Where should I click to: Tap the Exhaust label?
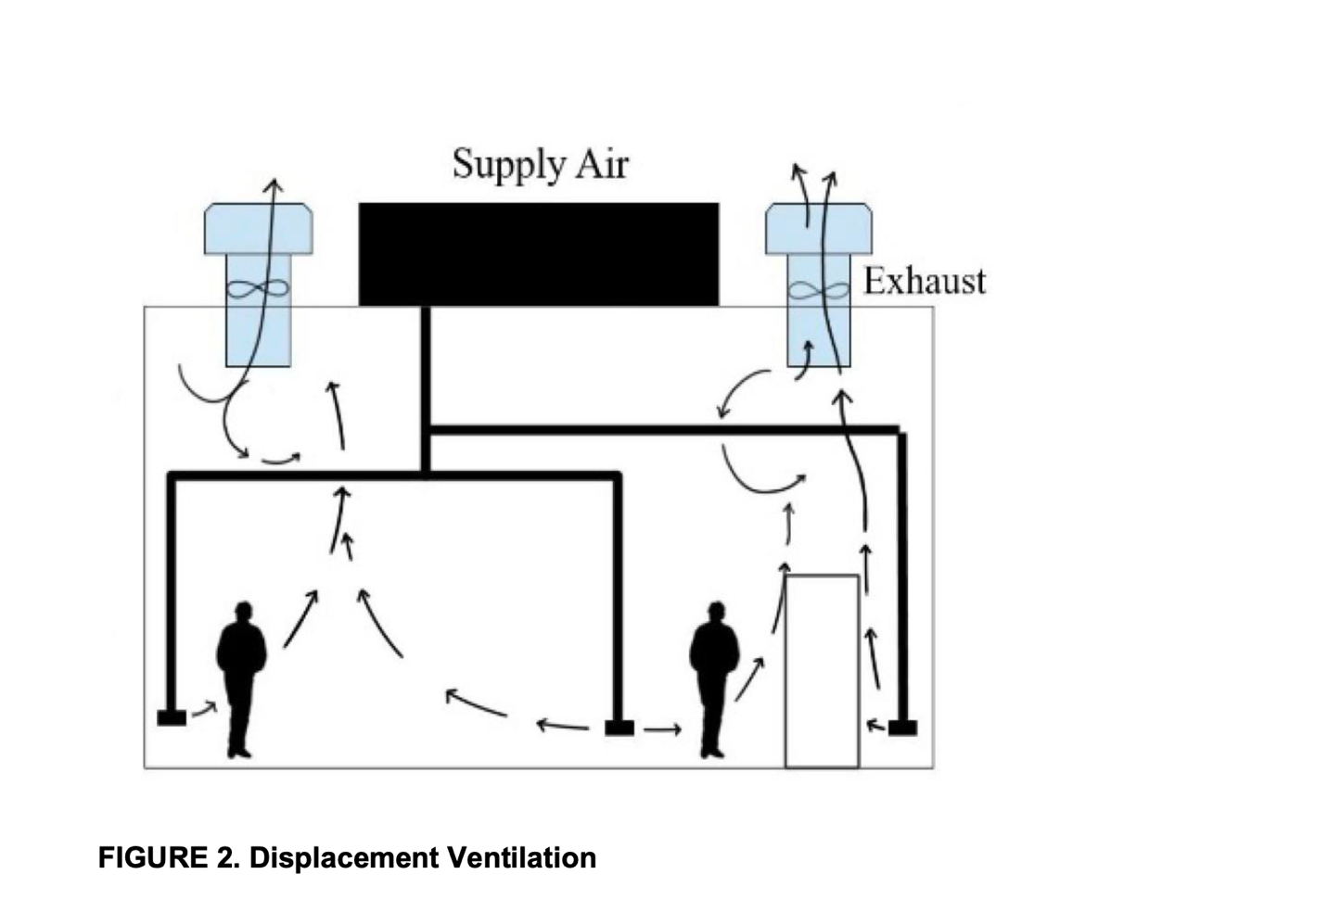(x=924, y=281)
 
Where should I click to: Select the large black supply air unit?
(x=538, y=254)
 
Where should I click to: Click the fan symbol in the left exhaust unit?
(x=258, y=288)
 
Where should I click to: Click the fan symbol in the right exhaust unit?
(x=818, y=290)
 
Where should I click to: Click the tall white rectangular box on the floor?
(x=822, y=671)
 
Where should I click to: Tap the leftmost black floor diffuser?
(x=172, y=716)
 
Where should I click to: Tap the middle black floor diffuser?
(x=619, y=728)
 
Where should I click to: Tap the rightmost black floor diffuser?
(x=902, y=728)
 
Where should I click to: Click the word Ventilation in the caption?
(x=521, y=857)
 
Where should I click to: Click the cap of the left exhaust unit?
(x=258, y=228)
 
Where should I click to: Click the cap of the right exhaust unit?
(x=818, y=228)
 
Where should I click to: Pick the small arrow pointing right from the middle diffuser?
(x=662, y=729)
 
